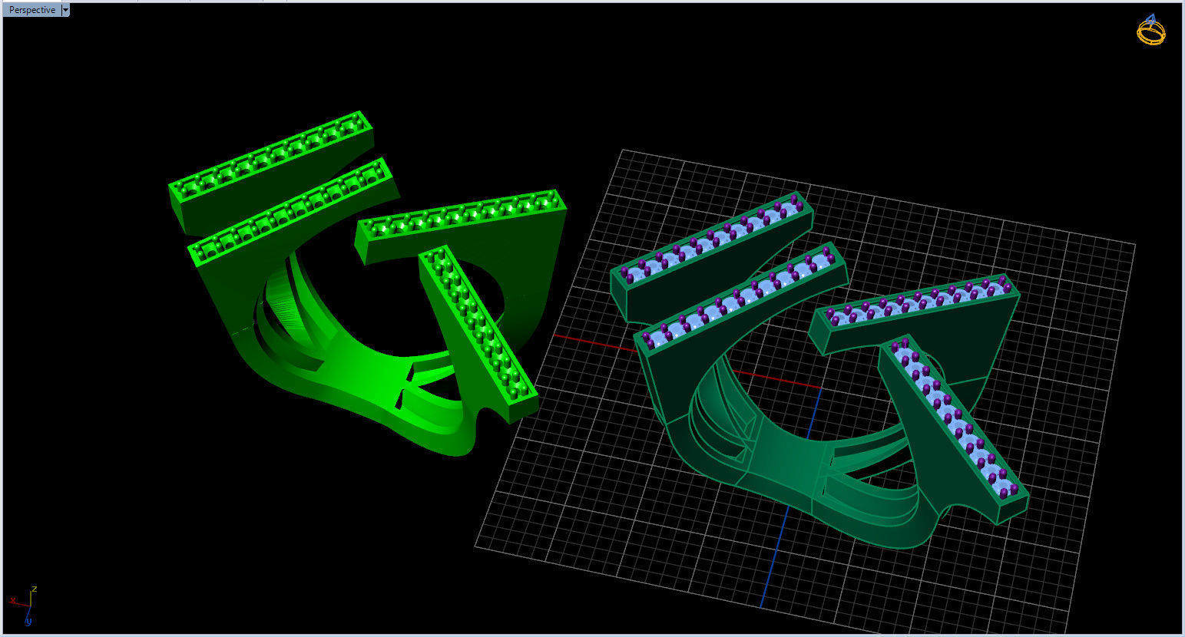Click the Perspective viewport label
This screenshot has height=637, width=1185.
(x=31, y=10)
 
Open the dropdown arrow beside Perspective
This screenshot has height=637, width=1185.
(x=65, y=10)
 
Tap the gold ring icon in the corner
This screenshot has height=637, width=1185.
(x=1150, y=31)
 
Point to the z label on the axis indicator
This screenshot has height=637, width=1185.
(x=35, y=589)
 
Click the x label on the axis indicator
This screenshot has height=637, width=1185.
(x=13, y=599)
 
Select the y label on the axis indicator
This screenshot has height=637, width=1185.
(x=28, y=620)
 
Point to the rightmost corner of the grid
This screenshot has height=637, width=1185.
(x=1134, y=245)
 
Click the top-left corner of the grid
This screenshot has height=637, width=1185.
(x=622, y=150)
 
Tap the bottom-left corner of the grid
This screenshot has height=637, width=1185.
(x=476, y=546)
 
